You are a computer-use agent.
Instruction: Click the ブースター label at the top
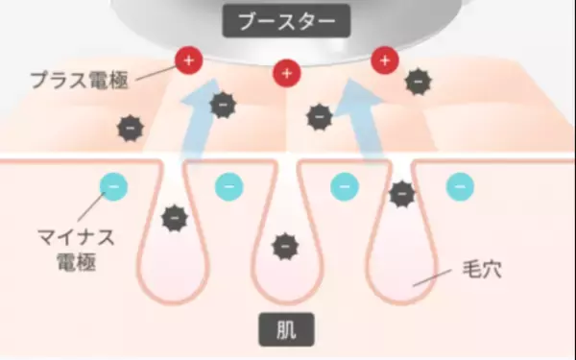[288, 20]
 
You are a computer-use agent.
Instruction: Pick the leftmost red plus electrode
[188, 62]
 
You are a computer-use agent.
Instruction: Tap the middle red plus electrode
[286, 71]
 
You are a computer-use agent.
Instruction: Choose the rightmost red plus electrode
[385, 61]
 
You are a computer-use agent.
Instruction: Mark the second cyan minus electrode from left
[228, 185]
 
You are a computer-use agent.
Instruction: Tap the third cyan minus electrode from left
[344, 185]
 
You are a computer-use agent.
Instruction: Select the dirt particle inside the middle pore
[284, 247]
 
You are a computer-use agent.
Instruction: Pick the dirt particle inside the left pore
[173, 218]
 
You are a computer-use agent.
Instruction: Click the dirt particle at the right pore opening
[401, 194]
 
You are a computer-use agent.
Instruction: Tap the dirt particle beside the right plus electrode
[418, 83]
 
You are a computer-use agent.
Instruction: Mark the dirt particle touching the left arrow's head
[223, 105]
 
